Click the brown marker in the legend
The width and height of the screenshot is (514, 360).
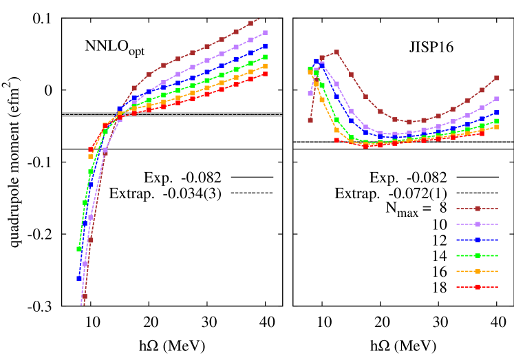(x=477, y=208)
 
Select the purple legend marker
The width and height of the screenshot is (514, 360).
(x=477, y=224)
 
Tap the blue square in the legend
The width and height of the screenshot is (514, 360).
(x=477, y=240)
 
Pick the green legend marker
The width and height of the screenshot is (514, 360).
(x=477, y=255)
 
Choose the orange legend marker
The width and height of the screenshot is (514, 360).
(x=477, y=271)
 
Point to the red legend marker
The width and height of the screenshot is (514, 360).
(x=477, y=286)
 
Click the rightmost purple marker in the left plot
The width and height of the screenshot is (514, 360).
(x=265, y=32)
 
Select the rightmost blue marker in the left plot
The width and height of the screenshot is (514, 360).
(x=265, y=46)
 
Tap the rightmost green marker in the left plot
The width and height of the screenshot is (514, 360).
(x=265, y=57)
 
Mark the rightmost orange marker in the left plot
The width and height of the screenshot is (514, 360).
(x=265, y=66)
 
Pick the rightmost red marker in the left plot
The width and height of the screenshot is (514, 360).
(x=265, y=74)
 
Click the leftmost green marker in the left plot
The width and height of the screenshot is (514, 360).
(x=79, y=249)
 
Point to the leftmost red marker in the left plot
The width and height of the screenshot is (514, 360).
(x=90, y=149)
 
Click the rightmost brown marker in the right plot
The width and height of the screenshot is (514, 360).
(x=497, y=78)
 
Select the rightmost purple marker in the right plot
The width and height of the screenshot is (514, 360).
(x=497, y=98)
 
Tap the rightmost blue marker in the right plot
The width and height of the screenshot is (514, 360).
(x=497, y=112)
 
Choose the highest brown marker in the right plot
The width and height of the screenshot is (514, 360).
(x=336, y=52)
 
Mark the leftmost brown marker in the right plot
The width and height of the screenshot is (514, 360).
(x=310, y=120)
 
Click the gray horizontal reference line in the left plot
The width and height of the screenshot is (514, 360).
(x=172, y=114)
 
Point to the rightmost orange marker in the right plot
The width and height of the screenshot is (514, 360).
(x=497, y=127)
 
